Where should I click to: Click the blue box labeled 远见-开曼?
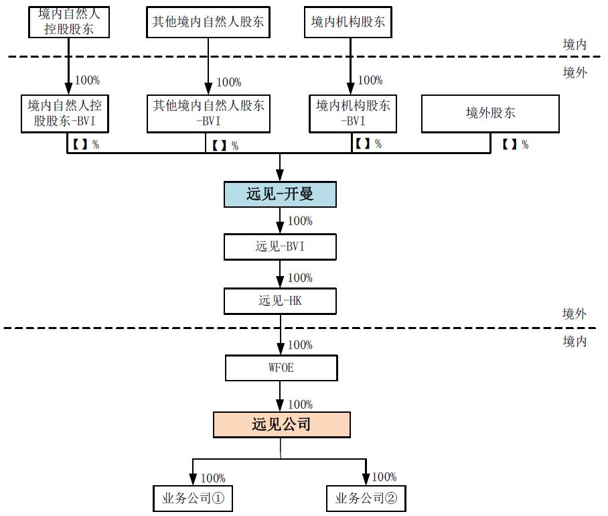click(280, 194)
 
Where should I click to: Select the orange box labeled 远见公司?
click(281, 425)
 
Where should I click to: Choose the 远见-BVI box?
click(280, 247)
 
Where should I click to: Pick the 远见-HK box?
click(280, 301)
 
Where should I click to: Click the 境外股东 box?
click(490, 113)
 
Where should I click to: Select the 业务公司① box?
click(193, 498)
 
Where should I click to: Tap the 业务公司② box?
click(366, 498)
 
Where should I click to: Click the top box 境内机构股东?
click(348, 22)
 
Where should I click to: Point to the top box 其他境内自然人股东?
click(208, 22)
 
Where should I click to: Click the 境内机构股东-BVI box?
click(352, 113)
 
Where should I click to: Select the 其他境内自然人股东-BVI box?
click(208, 113)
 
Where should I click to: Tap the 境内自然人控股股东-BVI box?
click(68, 113)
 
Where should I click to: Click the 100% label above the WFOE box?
click(300, 345)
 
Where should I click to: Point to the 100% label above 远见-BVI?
click(300, 221)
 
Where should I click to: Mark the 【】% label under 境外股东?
click(515, 144)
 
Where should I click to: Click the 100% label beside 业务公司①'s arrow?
click(213, 478)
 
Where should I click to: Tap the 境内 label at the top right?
click(575, 44)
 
